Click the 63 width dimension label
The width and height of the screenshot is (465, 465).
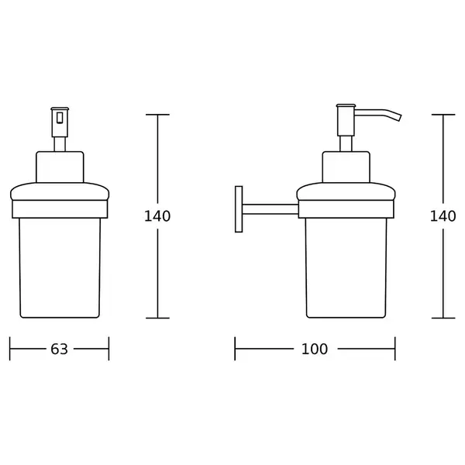coord(59,349)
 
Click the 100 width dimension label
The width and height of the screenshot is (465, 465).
coord(315,349)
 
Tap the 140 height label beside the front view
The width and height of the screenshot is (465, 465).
coord(157,216)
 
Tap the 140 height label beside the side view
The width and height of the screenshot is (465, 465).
coord(443,216)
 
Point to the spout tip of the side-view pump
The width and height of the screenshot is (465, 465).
coord(400,118)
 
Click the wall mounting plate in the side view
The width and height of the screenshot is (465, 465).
coord(239,209)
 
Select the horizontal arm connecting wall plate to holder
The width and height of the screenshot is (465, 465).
coord(270,209)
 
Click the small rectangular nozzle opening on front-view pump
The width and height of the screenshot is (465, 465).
coord(60,118)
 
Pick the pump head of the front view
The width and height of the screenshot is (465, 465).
coord(60,122)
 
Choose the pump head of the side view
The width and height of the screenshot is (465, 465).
coord(346,120)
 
